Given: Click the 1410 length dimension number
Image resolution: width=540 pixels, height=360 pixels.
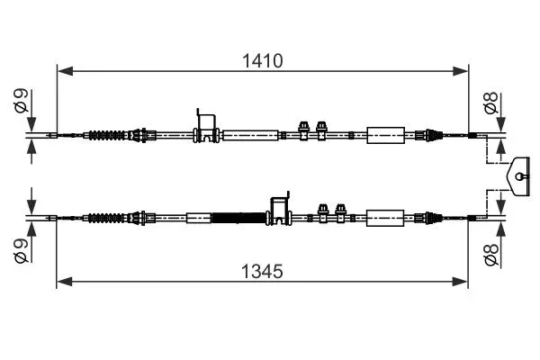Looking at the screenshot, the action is [x=263, y=61].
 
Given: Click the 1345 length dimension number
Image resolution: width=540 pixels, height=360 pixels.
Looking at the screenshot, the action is [x=262, y=271].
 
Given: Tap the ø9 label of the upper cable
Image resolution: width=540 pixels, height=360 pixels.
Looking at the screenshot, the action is [x=21, y=101].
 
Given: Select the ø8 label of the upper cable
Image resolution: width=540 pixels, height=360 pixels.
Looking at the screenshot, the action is [x=491, y=103].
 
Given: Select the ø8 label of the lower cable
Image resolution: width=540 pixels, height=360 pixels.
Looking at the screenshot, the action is [x=491, y=255].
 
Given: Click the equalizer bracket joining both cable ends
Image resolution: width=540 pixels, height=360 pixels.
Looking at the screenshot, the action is [x=518, y=176].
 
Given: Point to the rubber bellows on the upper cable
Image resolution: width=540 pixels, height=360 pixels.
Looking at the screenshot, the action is [x=107, y=135].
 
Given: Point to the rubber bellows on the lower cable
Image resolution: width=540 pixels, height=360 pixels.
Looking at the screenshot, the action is [x=107, y=218].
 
